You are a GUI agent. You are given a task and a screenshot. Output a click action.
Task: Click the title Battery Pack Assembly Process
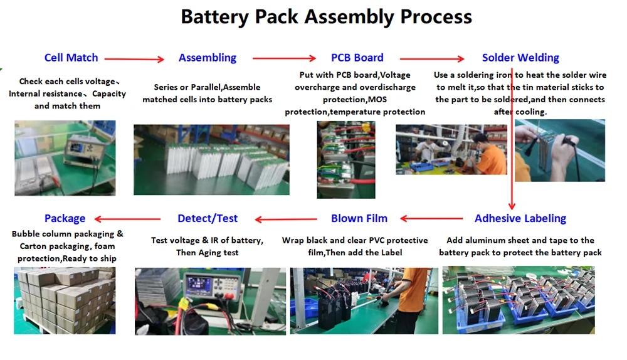pyautogui.click(x=326, y=16)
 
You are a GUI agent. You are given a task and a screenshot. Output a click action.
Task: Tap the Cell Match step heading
pyautogui.click(x=71, y=58)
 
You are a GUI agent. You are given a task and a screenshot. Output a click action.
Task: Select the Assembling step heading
pyautogui.click(x=208, y=58)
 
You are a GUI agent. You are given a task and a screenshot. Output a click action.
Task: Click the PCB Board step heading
pyautogui.click(x=357, y=58)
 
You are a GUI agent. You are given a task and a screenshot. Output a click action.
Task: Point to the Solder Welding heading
pyautogui.click(x=520, y=58)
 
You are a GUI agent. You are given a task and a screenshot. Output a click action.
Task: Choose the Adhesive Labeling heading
pyautogui.click(x=520, y=218)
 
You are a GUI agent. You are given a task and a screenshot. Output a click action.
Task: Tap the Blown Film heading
pyautogui.click(x=359, y=218)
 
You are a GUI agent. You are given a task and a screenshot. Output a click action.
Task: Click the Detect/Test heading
pyautogui.click(x=208, y=218)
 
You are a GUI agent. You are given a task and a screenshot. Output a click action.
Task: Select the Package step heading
pyautogui.click(x=65, y=218)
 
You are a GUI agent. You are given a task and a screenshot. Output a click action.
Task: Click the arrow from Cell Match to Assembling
pyautogui.click(x=134, y=59)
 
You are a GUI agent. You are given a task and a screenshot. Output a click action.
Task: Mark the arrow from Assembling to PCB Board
pyautogui.click(x=284, y=59)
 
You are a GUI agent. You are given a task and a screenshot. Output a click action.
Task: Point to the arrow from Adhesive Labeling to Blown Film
pyautogui.click(x=431, y=219)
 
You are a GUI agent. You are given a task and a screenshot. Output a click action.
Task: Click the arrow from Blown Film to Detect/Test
pyautogui.click(x=286, y=220)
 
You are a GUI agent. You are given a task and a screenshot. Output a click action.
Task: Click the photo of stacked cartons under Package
pyautogui.click(x=65, y=300)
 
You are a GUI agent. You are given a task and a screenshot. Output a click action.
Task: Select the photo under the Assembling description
pyautogui.click(x=211, y=159)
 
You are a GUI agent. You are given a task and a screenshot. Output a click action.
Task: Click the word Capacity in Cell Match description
pyautogui.click(x=109, y=93)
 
